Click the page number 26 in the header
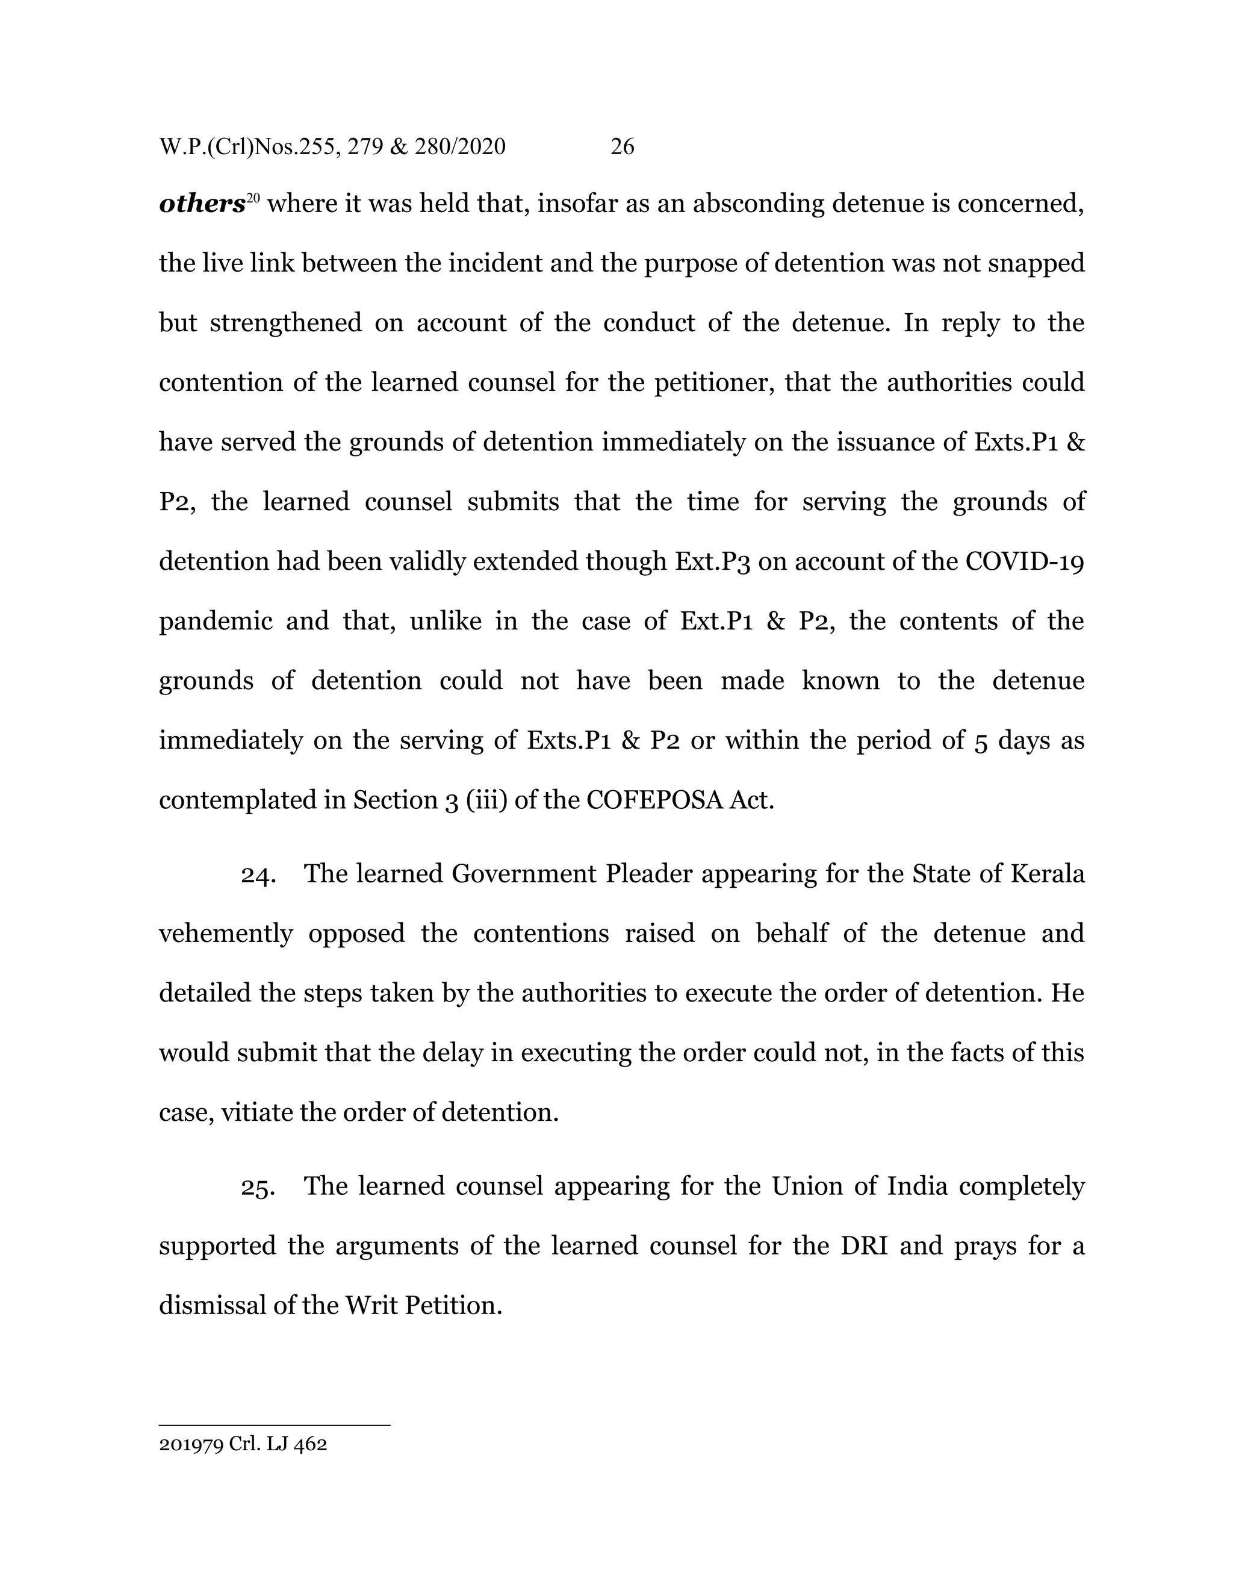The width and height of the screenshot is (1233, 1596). (621, 147)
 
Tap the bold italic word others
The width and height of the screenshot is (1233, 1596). (202, 204)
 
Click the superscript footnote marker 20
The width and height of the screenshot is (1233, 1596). (253, 198)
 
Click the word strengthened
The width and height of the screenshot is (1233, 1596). (285, 323)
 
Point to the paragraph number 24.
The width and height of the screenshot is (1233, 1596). (258, 874)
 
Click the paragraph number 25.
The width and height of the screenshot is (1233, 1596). (258, 1186)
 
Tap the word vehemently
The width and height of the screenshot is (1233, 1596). (226, 934)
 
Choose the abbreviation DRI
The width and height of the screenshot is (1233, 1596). (864, 1245)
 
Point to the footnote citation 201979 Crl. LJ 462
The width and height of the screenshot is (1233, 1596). (243, 1444)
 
